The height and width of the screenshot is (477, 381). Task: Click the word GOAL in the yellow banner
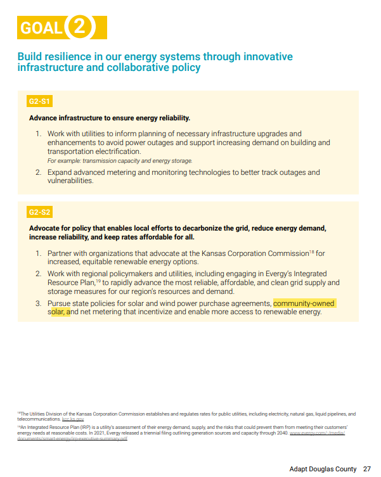[x=41, y=28]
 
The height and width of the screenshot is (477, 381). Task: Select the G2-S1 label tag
[x=39, y=101]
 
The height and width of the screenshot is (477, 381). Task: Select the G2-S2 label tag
[x=39, y=212]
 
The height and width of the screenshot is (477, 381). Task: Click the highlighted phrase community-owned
[x=304, y=303]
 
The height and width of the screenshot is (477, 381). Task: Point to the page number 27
[x=367, y=469]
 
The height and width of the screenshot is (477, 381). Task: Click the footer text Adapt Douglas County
[x=323, y=469]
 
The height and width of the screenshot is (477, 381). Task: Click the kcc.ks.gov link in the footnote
[x=73, y=419]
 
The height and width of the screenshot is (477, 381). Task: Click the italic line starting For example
[x=120, y=161]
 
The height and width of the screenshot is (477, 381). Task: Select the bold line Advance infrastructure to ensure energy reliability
[x=110, y=118]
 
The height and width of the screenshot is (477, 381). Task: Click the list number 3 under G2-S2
[x=38, y=303]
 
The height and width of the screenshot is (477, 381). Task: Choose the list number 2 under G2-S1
[x=38, y=172]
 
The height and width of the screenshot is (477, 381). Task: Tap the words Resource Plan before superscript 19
[x=71, y=283]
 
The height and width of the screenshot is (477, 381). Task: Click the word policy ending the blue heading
[x=186, y=68]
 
